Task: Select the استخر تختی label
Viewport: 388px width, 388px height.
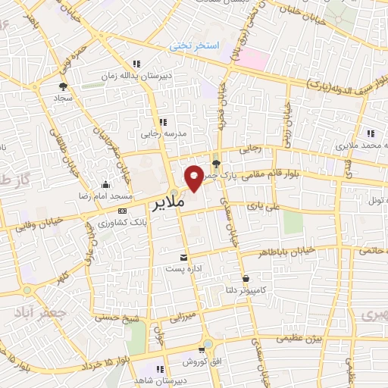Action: pos(193,46)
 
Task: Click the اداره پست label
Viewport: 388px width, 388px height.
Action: pos(182,269)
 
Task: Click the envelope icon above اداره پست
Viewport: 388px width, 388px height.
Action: pos(182,258)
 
